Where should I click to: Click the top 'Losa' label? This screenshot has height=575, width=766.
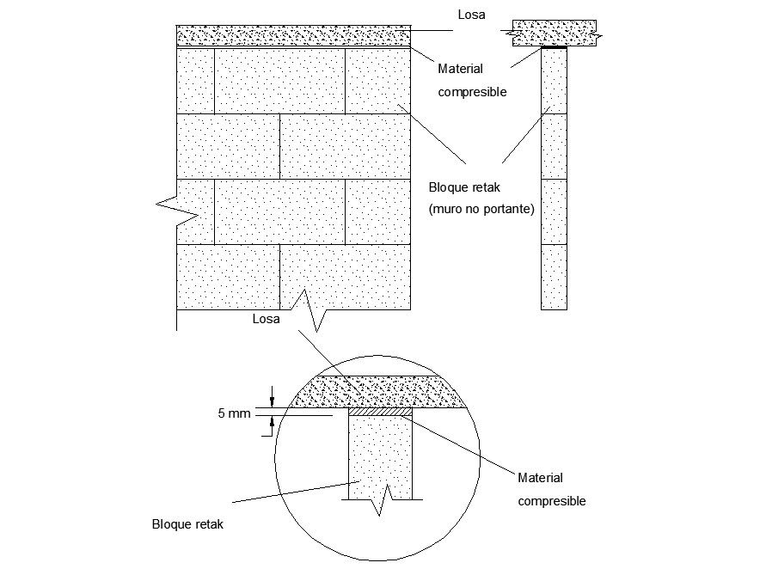click(471, 14)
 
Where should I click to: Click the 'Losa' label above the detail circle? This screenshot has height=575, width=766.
click(266, 319)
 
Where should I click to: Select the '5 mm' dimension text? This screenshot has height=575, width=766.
click(234, 413)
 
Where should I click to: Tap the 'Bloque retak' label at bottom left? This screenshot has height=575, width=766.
click(187, 524)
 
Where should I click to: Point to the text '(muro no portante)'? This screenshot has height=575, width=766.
click(481, 209)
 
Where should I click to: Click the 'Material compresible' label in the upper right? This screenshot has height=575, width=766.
click(472, 81)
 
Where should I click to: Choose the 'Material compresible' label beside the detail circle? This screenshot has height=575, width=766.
click(551, 489)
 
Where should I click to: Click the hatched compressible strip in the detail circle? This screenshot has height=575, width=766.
click(380, 412)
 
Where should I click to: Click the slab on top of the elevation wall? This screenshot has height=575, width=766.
click(292, 36)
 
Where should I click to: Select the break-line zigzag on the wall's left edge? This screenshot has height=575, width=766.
click(169, 205)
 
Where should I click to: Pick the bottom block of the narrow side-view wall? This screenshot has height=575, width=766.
click(554, 277)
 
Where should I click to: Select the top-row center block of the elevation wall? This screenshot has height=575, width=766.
click(279, 81)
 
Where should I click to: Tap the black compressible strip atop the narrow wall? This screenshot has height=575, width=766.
click(554, 47)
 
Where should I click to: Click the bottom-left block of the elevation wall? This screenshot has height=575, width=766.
click(228, 277)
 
